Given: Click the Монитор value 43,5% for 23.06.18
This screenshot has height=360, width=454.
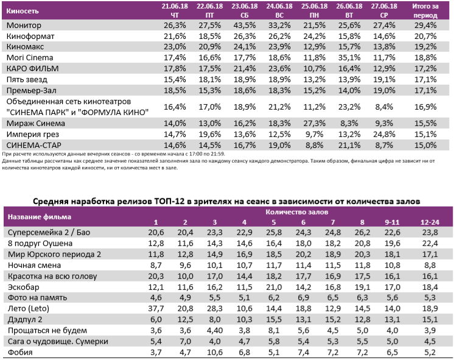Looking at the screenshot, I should click(x=243, y=26).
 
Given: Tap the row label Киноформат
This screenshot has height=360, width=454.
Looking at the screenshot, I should click(x=30, y=37).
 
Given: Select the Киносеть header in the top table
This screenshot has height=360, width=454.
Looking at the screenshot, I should click(x=22, y=10).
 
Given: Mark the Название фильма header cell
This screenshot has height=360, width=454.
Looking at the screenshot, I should click(x=39, y=216).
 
